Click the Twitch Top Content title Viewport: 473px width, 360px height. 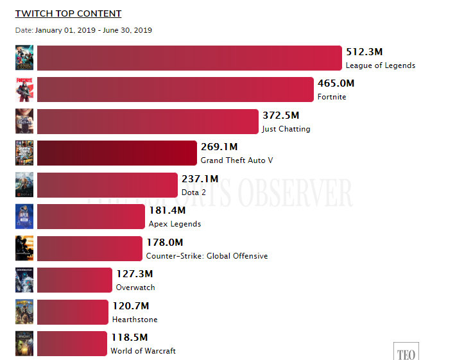pyautogui.click(x=68, y=13)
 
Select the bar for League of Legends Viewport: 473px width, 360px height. pyautogui.click(x=189, y=58)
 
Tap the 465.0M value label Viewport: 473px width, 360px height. pyautogui.click(x=336, y=83)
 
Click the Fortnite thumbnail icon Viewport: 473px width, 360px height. pyautogui.click(x=24, y=90)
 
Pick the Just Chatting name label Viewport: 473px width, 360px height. pyautogui.click(x=286, y=129)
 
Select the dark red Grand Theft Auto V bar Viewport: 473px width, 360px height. pyautogui.click(x=117, y=153)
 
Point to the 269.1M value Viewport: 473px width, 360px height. pyautogui.click(x=219, y=147)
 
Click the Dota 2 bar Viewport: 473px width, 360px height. pyautogui.click(x=107, y=185)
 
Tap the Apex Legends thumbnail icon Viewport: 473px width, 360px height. pyautogui.click(x=24, y=217)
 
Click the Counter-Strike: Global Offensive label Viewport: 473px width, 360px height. pyautogui.click(x=207, y=256)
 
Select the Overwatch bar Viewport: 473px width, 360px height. pyautogui.click(x=74, y=280)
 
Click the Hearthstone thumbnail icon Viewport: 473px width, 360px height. pyautogui.click(x=24, y=312)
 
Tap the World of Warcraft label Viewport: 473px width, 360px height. pyautogui.click(x=142, y=351)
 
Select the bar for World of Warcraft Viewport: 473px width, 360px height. pyautogui.click(x=72, y=344)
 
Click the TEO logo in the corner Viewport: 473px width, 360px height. pyautogui.click(x=406, y=352)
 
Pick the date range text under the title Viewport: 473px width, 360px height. pyautogui.click(x=83, y=30)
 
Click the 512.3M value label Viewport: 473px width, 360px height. pyautogui.click(x=364, y=52)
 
